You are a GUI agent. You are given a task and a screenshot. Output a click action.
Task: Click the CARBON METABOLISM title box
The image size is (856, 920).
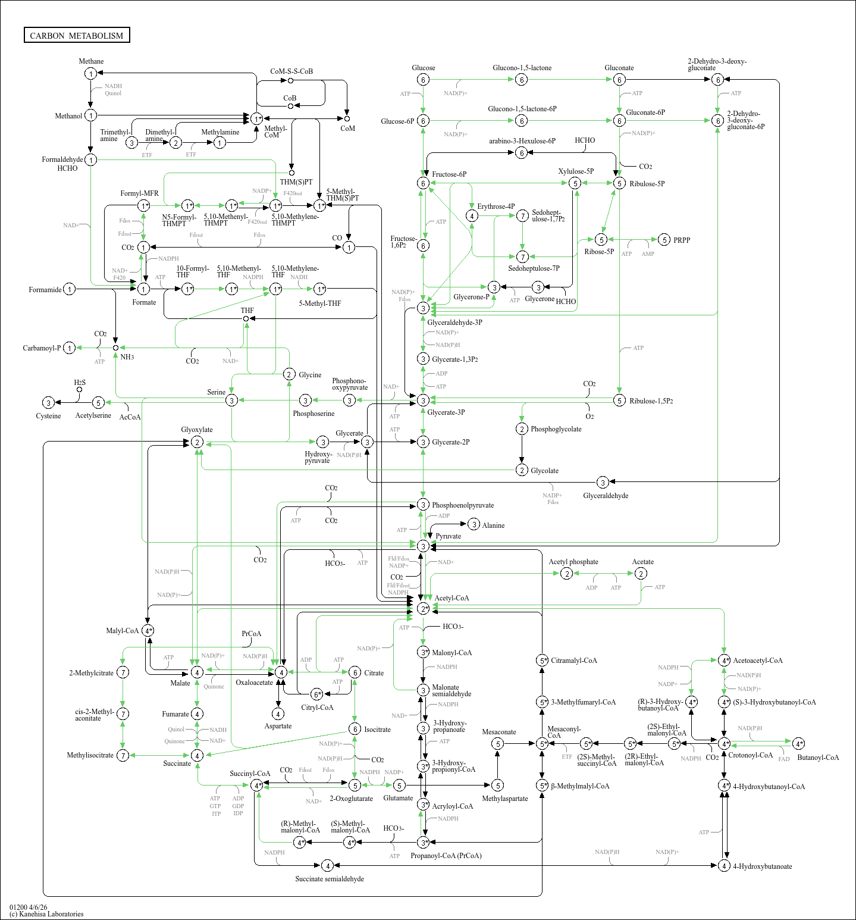pos(77,35)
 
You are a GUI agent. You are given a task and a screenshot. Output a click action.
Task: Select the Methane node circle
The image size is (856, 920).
pos(90,73)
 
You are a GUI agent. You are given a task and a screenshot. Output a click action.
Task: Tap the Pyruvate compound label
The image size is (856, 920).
pos(448,536)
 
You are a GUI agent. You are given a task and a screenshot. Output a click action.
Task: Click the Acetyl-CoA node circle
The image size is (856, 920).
pos(423,608)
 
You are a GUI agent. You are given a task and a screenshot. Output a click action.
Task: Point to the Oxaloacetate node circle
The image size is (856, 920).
pos(281,672)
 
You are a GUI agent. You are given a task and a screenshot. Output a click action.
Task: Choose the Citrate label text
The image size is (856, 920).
pos(374,673)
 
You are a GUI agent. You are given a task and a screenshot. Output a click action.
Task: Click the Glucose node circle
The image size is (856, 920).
pos(423,80)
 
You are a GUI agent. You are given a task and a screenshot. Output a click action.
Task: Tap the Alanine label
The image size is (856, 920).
pos(493,525)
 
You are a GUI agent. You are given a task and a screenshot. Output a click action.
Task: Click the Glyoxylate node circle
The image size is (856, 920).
pos(197,442)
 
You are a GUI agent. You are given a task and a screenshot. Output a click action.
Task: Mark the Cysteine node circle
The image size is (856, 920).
pos(49,403)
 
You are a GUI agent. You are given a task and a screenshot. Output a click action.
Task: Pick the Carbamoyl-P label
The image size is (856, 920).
pos(42,348)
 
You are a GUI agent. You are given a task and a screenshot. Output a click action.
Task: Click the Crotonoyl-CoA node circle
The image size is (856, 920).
pos(724,744)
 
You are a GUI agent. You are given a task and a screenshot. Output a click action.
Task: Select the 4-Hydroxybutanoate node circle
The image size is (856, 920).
pos(724,866)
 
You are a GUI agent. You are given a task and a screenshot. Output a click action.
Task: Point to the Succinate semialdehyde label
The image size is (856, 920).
pos(330,879)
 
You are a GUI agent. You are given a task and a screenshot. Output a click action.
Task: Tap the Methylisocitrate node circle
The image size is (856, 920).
pos(123,755)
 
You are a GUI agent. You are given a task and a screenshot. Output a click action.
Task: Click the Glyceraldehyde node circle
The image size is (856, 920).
pos(603,482)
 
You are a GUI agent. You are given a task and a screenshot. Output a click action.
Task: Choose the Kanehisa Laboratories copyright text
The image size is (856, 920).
pos(46,914)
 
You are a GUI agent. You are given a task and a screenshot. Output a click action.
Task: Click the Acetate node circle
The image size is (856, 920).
pos(641,573)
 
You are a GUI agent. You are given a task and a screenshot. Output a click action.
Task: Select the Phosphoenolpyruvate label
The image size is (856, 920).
pos(463,505)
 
